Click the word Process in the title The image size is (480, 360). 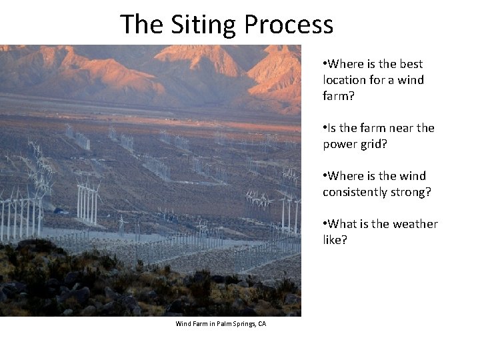(x=288, y=25)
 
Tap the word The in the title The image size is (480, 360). (x=141, y=25)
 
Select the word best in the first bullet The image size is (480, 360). (x=411, y=64)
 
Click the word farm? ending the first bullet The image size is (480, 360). (x=339, y=96)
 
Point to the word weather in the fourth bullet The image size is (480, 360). (x=415, y=224)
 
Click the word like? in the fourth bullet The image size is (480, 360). (x=335, y=240)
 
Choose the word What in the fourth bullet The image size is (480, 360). (x=343, y=224)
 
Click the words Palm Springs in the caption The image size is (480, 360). (x=233, y=324)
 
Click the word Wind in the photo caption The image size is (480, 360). (x=183, y=324)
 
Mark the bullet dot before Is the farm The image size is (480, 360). (x=325, y=128)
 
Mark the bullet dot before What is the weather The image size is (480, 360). (x=325, y=224)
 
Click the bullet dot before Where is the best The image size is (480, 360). (x=325, y=64)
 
